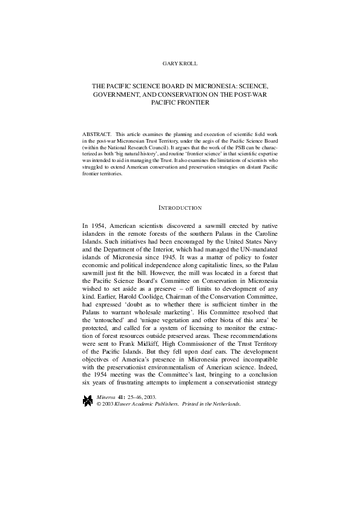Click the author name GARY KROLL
(180, 63)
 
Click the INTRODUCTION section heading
(180, 208)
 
